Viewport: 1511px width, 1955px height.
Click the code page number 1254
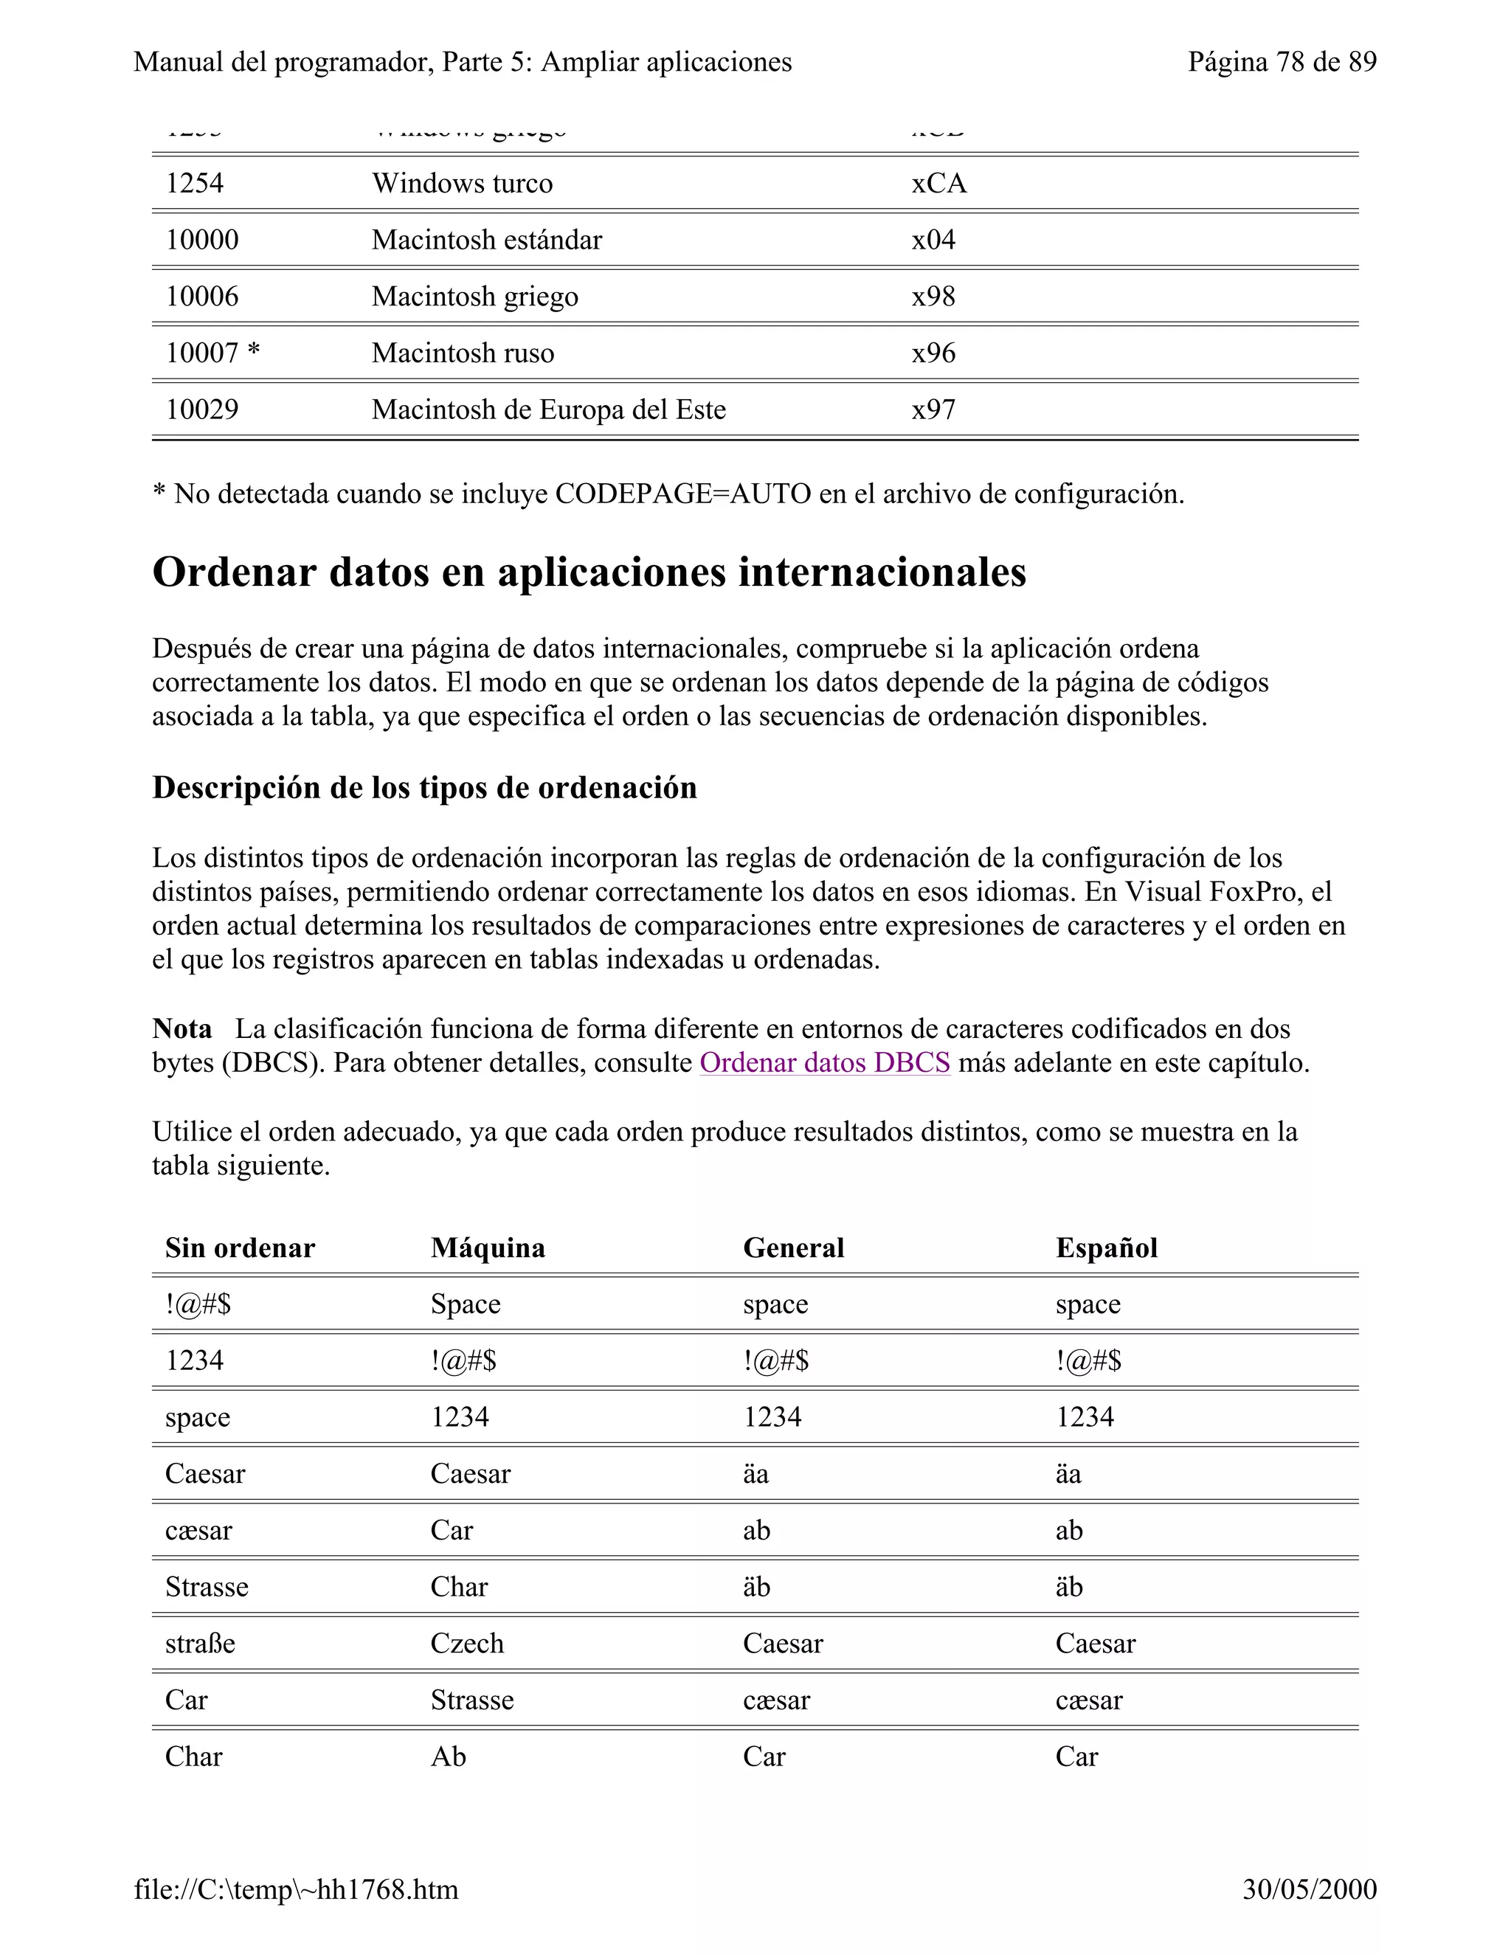pos(194,184)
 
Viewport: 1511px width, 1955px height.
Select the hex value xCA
pos(939,184)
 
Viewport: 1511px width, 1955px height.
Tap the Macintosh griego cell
pos(474,297)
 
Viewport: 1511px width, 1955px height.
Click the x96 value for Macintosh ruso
pos(933,353)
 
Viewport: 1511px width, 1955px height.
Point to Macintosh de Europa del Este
pos(549,410)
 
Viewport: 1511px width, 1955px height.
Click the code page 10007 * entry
pos(213,353)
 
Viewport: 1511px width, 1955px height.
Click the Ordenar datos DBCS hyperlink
pos(824,1062)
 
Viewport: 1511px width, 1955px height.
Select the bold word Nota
pos(181,1028)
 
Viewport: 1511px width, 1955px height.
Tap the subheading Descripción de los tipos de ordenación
pos(424,788)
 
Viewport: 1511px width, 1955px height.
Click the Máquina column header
pos(488,1248)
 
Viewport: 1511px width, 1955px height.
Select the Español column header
pos(1107,1248)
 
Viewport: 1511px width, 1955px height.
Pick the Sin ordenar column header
pos(240,1248)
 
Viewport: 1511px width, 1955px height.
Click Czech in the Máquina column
pos(467,1644)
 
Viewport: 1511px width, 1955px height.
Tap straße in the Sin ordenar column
pos(200,1644)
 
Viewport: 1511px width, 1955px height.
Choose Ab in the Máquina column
pos(449,1757)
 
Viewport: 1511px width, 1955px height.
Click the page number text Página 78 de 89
pos(1282,62)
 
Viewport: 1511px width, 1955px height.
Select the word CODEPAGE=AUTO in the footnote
pos(683,494)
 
